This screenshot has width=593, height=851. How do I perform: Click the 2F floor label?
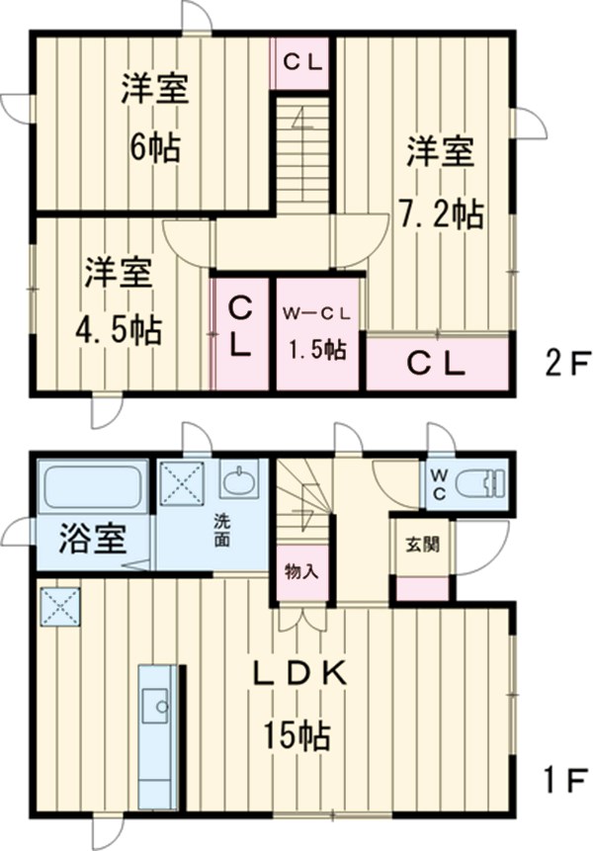click(564, 365)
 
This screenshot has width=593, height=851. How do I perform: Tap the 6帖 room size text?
click(154, 148)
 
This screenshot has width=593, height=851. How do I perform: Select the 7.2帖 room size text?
click(442, 213)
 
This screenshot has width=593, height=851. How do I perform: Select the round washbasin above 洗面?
click(237, 482)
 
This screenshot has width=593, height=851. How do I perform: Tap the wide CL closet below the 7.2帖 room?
click(437, 365)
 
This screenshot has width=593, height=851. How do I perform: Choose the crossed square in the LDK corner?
click(59, 605)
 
